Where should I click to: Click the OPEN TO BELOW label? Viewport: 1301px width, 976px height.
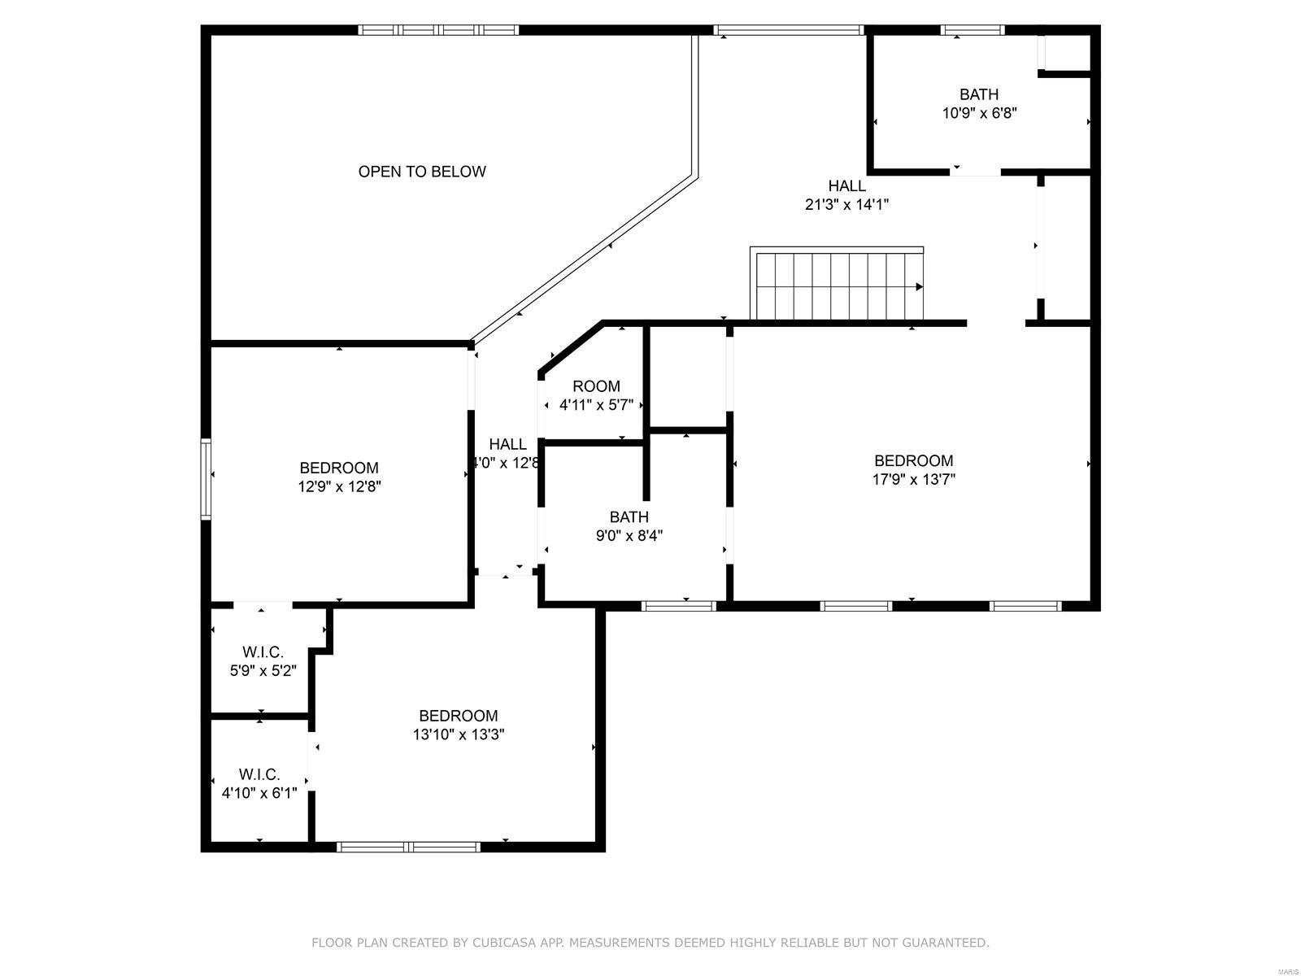[422, 172]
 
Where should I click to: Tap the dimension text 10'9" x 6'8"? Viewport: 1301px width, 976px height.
[979, 113]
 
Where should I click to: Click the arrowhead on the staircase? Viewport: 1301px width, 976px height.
[920, 286]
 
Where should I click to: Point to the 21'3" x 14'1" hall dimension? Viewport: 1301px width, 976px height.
[846, 205]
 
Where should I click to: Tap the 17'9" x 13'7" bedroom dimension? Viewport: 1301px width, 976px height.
[913, 480]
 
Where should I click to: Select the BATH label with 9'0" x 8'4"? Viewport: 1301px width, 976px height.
[629, 517]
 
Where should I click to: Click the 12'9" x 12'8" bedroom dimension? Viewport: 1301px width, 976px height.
[339, 487]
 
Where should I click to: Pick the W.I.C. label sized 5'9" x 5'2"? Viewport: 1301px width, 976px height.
[263, 652]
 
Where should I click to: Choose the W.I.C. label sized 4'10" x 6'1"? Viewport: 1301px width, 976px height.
[259, 774]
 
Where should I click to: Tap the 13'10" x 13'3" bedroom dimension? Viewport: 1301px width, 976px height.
[458, 734]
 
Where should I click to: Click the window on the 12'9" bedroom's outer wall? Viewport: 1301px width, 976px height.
[207, 479]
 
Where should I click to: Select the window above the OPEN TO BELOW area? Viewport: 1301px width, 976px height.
[438, 30]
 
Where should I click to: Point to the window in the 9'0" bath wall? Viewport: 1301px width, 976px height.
[679, 605]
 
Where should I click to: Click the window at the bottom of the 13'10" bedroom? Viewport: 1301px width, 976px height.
[408, 847]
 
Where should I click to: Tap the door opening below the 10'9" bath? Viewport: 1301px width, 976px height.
[976, 172]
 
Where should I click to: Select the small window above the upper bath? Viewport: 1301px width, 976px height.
[972, 31]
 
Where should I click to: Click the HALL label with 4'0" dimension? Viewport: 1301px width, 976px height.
[507, 444]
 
